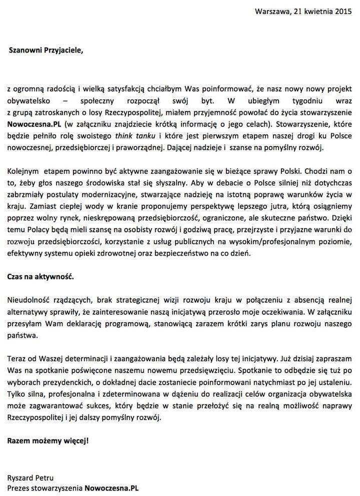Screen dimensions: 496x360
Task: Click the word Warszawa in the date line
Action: click(270, 11)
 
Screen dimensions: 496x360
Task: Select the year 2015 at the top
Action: click(344, 11)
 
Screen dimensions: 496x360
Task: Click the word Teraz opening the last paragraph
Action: click(17, 359)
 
